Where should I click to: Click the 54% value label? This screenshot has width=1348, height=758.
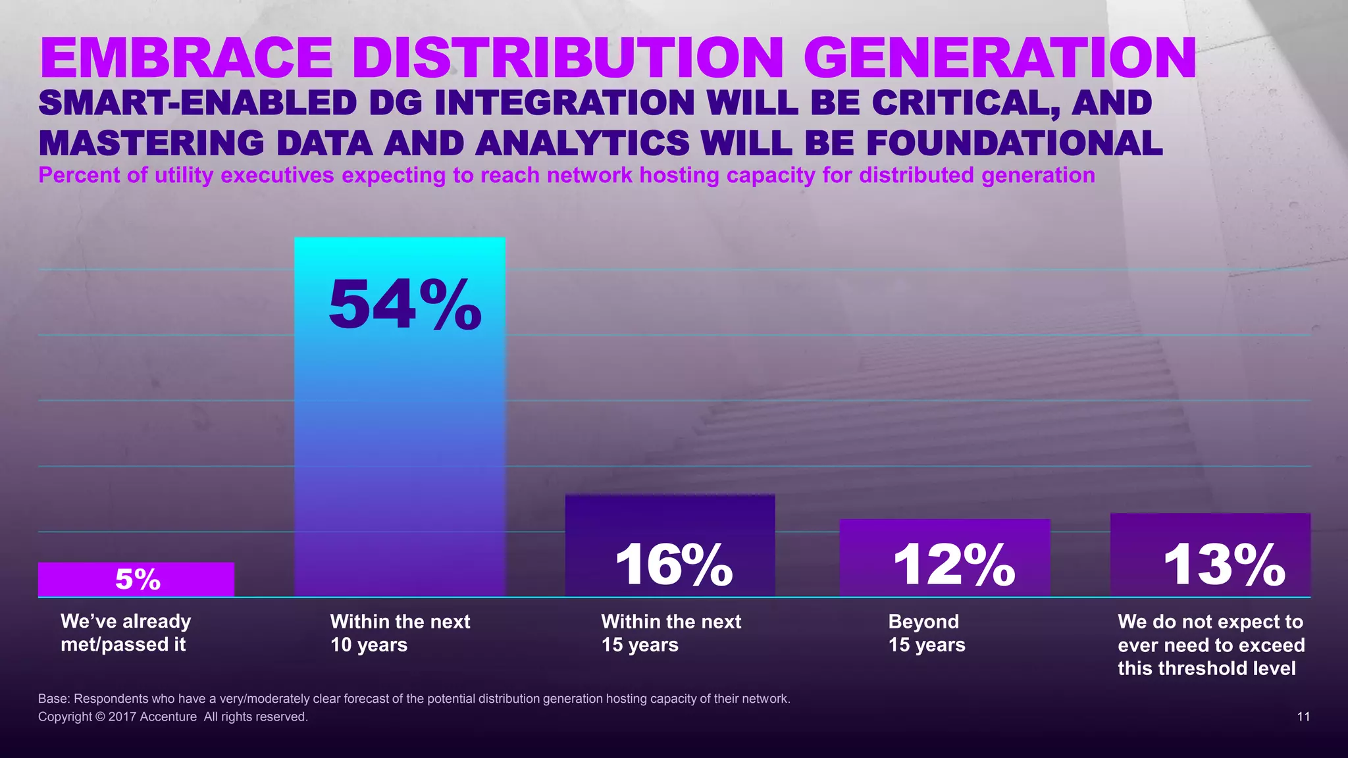coord(405,305)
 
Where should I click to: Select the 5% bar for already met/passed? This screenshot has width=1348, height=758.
coord(136,579)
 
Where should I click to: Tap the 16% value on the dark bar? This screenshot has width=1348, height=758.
coord(673,564)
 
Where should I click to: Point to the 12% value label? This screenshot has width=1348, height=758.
coord(954,564)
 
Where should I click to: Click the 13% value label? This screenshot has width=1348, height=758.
coord(1224,564)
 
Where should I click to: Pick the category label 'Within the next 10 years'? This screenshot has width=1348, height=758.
coord(400,633)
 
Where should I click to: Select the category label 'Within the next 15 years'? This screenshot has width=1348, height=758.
coord(671,633)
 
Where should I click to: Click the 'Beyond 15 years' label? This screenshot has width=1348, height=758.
coord(926,633)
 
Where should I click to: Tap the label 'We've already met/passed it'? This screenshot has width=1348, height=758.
coord(126,633)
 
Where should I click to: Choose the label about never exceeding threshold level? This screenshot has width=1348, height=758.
coord(1210,645)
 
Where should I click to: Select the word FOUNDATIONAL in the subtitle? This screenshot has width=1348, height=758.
coord(1014,143)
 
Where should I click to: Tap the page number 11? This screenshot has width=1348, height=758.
coord(1303,717)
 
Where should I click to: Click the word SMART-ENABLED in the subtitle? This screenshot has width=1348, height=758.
coord(197,103)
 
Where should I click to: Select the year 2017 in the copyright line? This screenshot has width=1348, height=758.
coord(122,717)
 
